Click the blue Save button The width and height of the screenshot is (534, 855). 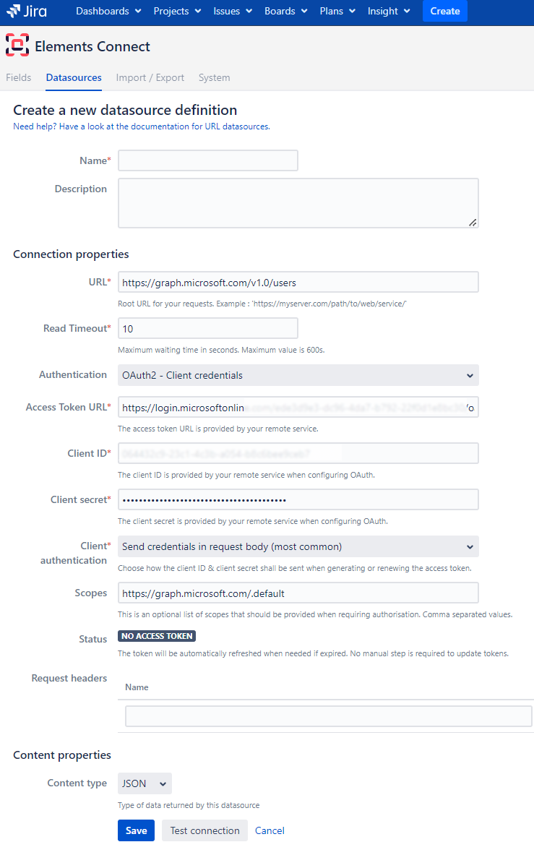pos(136,830)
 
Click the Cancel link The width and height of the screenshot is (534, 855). pos(270,830)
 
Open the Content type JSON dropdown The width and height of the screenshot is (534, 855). pos(145,783)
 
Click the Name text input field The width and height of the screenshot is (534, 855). pos(208,160)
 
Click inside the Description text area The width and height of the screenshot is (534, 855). pos(298,203)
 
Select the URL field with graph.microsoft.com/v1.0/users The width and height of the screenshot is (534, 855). pos(298,282)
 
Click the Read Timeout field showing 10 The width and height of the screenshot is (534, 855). pos(208,328)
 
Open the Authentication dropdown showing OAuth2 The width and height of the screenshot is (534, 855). pos(298,375)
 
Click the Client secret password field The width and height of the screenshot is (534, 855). pos(298,499)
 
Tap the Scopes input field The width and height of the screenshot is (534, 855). pos(298,593)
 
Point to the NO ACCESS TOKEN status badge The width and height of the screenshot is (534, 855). pos(157,636)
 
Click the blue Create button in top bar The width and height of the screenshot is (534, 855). pos(445,11)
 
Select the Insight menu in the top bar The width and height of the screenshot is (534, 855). pos(389,11)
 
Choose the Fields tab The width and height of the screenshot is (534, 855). pos(19,77)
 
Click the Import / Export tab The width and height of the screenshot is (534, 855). pos(150,77)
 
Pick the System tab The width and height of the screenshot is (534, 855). pos(215,77)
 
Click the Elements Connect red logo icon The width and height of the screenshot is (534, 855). pos(17,46)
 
